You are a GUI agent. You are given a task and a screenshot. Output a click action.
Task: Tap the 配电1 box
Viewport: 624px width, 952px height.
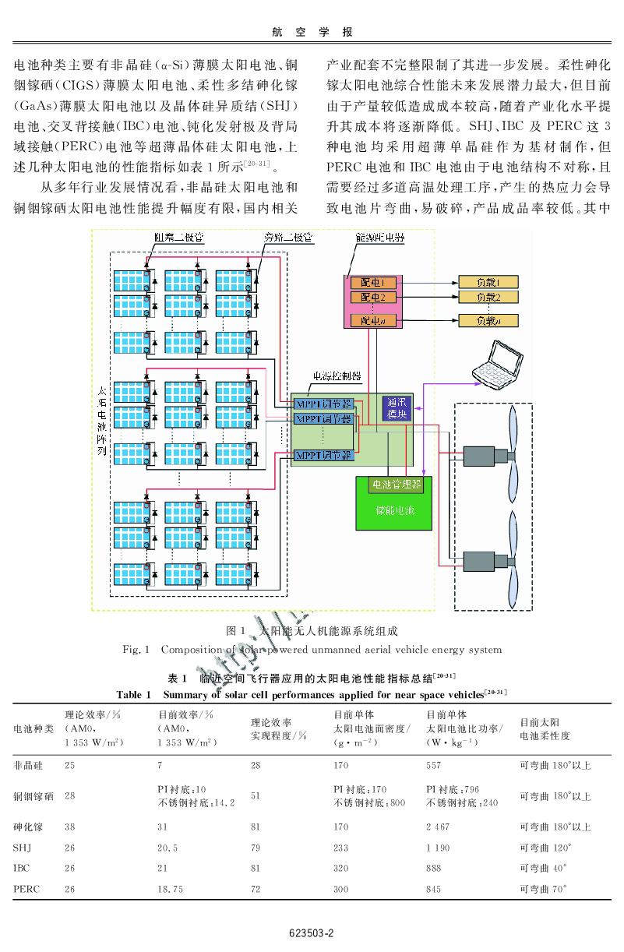[373, 281]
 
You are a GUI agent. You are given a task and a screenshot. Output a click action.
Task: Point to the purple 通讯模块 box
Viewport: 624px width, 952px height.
[397, 409]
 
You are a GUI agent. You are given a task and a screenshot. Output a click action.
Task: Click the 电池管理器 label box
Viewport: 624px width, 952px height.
[397, 485]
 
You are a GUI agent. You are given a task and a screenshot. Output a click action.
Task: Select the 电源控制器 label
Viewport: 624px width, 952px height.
[336, 376]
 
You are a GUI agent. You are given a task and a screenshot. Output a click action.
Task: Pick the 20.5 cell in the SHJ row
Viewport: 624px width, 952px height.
[168, 848]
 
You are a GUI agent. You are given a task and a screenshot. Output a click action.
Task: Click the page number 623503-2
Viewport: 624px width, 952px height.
[311, 933]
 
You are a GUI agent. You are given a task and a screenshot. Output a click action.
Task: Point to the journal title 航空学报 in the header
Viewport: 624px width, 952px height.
[312, 32]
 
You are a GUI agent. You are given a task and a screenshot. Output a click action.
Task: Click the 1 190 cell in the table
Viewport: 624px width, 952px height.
[439, 848]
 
